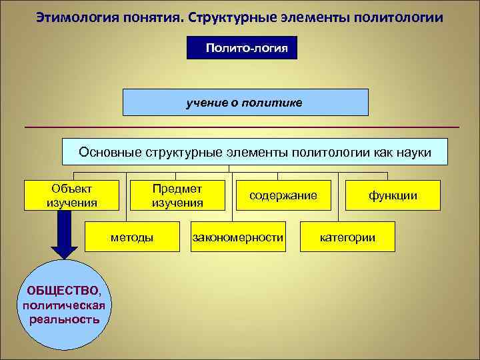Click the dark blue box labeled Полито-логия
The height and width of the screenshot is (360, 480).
[242, 48]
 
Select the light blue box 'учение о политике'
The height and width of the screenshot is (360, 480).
[245, 103]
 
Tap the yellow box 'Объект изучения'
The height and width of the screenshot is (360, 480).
[71, 195]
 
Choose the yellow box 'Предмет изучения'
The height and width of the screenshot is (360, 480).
[177, 195]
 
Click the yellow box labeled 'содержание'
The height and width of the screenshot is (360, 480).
[283, 195]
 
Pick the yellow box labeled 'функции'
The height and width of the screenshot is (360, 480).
[393, 195]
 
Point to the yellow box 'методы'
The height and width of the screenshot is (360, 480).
[132, 237]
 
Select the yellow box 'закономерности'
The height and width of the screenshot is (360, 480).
[238, 237]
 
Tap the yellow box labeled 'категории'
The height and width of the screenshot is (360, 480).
[347, 237]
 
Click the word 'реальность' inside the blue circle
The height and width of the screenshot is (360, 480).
[65, 319]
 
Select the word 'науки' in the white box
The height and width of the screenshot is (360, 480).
[414, 152]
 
